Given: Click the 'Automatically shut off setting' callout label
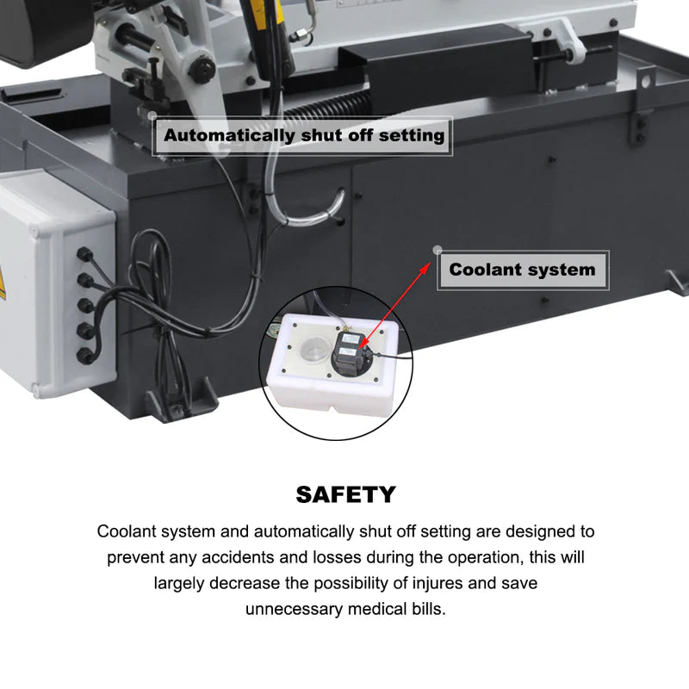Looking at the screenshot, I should pos(304,135).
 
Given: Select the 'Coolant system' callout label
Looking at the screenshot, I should pos(522,270).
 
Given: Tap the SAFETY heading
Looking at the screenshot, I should pos(345,494).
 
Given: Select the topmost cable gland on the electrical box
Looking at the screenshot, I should pos(84,255).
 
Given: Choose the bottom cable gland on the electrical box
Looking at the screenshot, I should pos(84,354).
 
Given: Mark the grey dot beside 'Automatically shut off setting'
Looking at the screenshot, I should pos(152,115).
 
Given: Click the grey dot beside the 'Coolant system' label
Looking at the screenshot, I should pos(438,251).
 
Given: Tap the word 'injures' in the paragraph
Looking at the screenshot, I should pos(435,583).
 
